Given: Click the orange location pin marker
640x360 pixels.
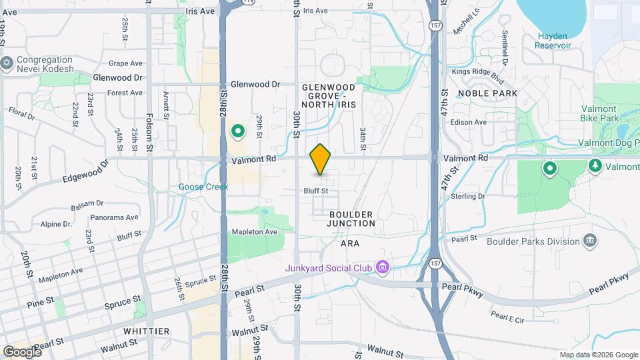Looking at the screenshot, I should (x=321, y=159).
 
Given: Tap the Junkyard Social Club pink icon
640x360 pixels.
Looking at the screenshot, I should (x=383, y=268).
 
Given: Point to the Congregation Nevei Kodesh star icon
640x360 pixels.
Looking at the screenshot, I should (x=8, y=63).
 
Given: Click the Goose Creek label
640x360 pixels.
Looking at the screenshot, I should (x=203, y=187).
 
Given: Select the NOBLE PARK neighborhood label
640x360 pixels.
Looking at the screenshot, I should (x=487, y=93).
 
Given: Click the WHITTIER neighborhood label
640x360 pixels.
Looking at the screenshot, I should (x=147, y=331).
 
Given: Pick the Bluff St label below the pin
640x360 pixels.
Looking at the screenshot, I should (x=316, y=191).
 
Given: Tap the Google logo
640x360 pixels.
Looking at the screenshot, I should (x=21, y=351).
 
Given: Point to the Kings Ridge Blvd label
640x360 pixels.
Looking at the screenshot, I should (x=477, y=71).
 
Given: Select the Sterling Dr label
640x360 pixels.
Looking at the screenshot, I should (x=467, y=197).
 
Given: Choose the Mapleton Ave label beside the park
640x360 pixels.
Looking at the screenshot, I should (x=254, y=231).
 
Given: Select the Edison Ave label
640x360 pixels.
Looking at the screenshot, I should (x=469, y=122).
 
